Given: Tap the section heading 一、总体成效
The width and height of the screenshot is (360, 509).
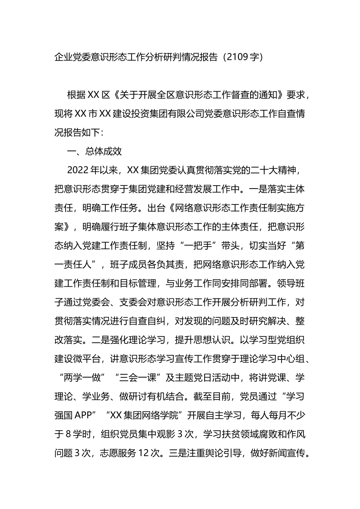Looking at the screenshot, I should [x=94, y=151].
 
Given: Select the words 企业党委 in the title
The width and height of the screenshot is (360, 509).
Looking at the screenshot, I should [x=73, y=57].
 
